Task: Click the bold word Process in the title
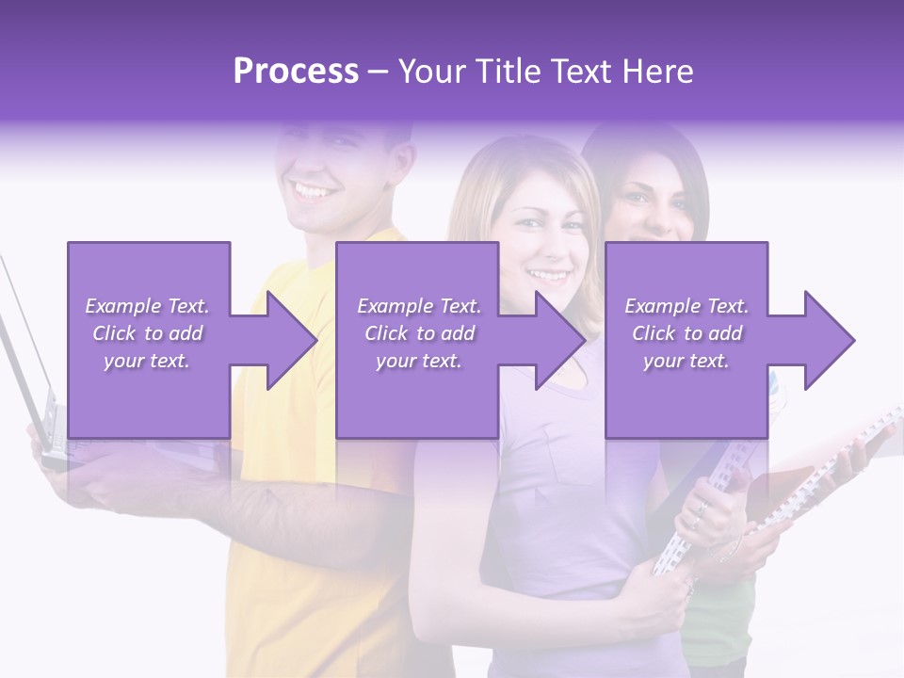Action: point(296,72)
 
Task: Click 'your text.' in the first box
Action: point(147,361)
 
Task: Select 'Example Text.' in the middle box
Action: point(419,306)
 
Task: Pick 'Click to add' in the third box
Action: point(687,333)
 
